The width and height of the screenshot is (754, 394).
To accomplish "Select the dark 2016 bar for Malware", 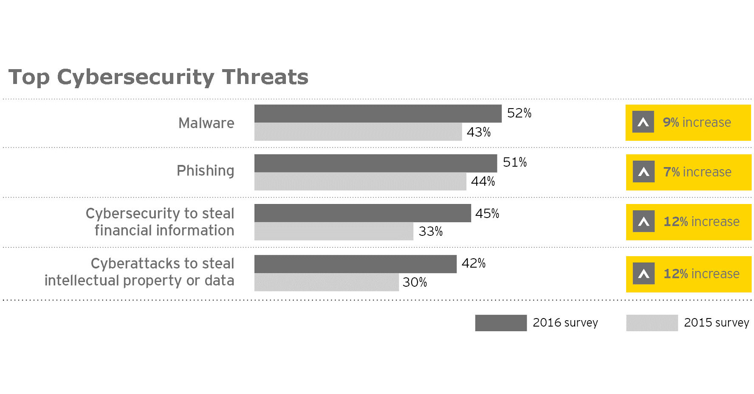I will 378,114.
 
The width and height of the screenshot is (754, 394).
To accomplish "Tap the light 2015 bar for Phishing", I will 360,182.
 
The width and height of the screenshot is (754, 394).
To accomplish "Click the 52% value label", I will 519,113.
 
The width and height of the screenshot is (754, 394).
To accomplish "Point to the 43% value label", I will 478,132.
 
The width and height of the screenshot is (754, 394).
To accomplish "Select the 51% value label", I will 514,162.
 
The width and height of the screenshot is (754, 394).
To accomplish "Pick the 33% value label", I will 430,232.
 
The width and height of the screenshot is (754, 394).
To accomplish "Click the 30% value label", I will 415,282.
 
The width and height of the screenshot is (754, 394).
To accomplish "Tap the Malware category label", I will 206,123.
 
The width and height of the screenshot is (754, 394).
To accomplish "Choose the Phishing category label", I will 205,170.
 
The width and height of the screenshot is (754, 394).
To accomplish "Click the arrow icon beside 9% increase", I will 643,122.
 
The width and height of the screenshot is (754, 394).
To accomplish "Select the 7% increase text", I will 697,172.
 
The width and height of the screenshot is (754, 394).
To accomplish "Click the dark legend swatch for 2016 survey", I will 500,323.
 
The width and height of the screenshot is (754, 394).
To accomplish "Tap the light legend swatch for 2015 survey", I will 652,323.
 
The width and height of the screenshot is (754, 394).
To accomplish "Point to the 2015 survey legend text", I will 716,323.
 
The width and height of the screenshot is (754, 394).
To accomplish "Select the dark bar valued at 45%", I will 362,213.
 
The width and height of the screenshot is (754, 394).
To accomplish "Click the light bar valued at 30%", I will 326,282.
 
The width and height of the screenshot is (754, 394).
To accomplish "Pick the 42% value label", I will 473,263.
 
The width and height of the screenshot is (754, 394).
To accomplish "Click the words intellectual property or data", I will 139,281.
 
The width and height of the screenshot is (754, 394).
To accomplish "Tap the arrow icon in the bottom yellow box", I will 643,274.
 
